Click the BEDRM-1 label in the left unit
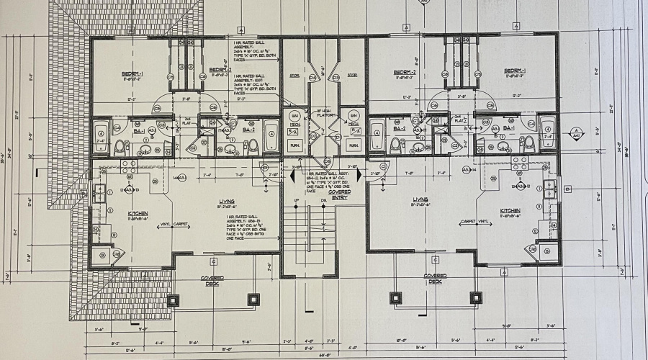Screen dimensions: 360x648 point(132,74)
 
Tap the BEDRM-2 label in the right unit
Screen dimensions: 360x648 point(408,73)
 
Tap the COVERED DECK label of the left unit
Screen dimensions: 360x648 point(212,279)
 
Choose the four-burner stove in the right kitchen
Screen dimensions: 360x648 point(518,163)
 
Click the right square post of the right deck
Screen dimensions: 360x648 point(475,297)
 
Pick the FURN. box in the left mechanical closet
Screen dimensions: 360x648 point(294,144)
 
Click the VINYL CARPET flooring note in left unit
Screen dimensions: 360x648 point(175,224)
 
